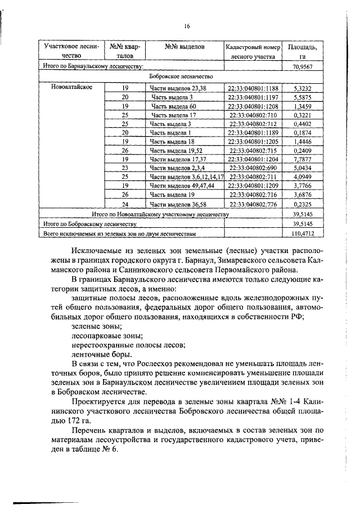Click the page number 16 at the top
click(x=187, y=26)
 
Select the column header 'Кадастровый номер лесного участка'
click(x=252, y=51)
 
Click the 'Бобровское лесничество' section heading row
click(x=180, y=75)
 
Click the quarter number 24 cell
click(x=125, y=204)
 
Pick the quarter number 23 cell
click(x=125, y=168)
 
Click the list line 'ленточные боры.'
click(x=102, y=354)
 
